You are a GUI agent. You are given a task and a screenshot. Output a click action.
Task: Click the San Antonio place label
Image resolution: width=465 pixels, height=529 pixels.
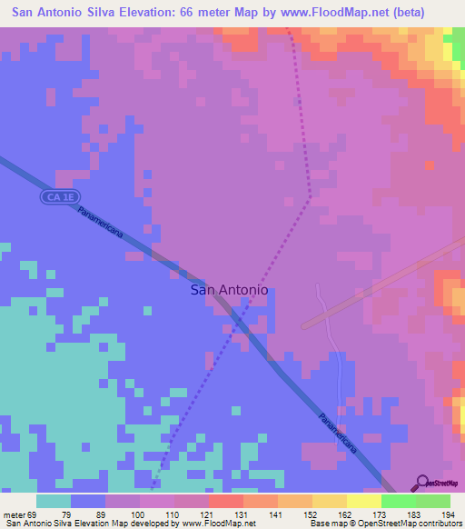229,290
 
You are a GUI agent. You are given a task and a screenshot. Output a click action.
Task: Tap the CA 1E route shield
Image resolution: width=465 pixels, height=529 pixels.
56,196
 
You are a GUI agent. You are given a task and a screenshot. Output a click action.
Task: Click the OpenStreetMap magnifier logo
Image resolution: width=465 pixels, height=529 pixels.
421,483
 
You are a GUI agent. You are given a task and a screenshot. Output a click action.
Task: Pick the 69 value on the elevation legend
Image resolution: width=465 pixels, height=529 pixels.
32,515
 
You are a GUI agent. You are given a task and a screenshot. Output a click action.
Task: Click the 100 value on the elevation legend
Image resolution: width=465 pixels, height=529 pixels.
137,515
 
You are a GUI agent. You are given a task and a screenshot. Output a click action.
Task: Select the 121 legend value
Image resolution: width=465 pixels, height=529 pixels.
207,515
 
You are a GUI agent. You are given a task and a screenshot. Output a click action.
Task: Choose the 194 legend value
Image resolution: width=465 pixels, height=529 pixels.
449,515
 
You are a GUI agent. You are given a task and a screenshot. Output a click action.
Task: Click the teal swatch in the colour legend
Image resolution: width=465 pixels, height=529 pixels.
53,501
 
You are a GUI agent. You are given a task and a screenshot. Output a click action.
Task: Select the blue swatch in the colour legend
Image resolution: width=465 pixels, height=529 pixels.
87,501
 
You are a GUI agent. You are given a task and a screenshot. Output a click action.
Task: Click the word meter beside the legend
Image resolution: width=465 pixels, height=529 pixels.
13,515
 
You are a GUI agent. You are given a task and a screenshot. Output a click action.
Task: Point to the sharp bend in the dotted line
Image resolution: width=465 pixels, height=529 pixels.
311,195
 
